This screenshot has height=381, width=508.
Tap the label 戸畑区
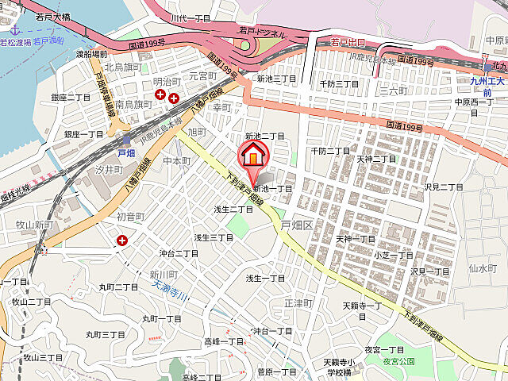point(298,225)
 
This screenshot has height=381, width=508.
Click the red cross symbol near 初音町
point(122,240)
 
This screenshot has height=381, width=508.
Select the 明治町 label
point(167,82)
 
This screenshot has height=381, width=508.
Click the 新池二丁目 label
point(264,136)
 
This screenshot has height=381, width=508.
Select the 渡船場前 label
point(92,55)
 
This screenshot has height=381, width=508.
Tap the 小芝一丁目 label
point(393,256)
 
